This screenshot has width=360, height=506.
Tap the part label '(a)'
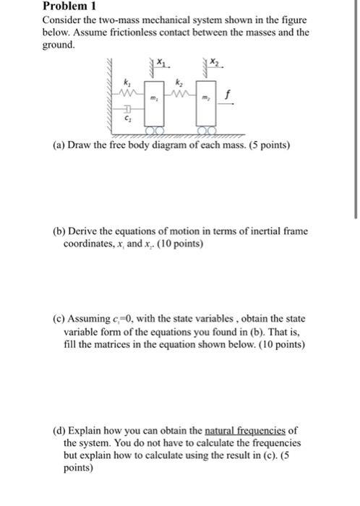[x=58, y=145]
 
